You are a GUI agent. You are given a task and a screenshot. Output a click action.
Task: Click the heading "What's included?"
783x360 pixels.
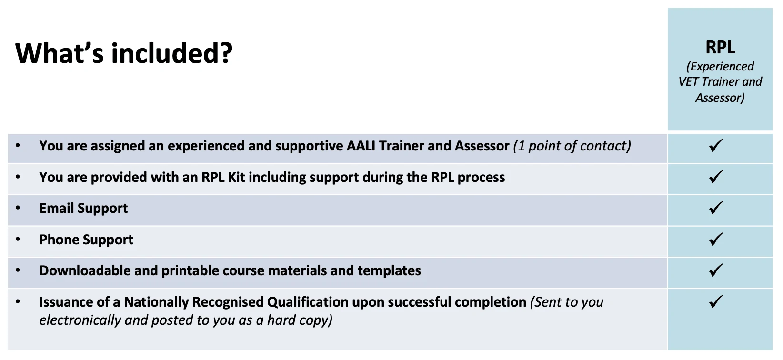[x=124, y=53]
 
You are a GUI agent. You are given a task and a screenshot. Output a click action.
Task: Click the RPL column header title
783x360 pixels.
[x=720, y=47]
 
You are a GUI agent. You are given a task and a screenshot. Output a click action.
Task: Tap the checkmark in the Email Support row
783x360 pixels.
[x=715, y=208]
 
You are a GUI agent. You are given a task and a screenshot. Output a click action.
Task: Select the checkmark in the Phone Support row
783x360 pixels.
[x=715, y=239]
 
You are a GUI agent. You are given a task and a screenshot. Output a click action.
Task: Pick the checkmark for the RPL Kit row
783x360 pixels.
[x=715, y=177]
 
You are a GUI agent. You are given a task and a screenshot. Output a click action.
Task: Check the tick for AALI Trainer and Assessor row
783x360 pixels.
[x=715, y=145]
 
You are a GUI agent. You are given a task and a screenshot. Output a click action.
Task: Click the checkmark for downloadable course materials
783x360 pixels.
[x=715, y=270]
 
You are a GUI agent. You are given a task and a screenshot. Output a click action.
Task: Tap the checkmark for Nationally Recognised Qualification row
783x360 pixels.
[x=715, y=301]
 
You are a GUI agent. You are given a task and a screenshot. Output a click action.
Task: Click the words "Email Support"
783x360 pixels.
[x=83, y=208]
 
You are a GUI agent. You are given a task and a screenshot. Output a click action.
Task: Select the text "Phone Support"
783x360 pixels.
[x=86, y=240]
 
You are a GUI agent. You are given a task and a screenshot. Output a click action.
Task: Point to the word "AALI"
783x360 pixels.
[x=361, y=146]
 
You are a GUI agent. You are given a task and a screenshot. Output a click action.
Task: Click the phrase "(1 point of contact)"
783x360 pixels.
[x=572, y=146]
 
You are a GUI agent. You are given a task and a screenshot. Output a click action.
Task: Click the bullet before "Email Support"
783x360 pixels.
[x=18, y=208]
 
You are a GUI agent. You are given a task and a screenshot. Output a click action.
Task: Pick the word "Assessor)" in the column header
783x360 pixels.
[x=720, y=98]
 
